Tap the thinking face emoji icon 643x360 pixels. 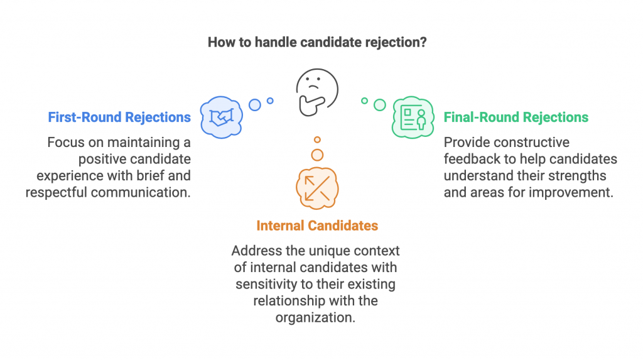click(317, 92)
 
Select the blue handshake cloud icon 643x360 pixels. click(222, 116)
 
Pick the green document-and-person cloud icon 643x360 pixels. click(413, 117)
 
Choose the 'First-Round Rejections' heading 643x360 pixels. click(119, 117)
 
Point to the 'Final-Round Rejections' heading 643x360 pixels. click(516, 117)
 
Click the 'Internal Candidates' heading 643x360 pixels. click(317, 225)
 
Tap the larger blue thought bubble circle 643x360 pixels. click(255, 105)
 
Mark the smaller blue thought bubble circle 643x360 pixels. click(270, 101)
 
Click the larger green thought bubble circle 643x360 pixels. click(379, 105)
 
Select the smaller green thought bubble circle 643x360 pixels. click(364, 101)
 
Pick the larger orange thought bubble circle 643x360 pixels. click(318, 155)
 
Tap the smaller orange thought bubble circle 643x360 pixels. click(318, 139)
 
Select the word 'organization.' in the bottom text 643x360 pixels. click(315, 317)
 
